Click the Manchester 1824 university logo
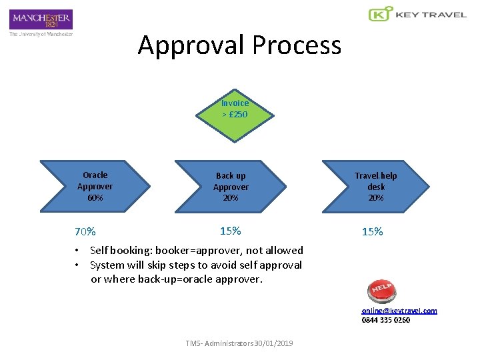41,19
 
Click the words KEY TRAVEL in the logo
431,14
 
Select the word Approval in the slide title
191,45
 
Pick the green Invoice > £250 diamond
235,109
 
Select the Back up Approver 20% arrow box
231,187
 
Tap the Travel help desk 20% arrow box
375,187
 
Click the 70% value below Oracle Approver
85,232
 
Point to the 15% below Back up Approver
230,231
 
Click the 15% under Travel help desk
372,232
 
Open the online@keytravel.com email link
399,311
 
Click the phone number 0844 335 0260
386,320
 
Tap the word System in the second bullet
107,265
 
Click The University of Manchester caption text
41,34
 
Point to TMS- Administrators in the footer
216,343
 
